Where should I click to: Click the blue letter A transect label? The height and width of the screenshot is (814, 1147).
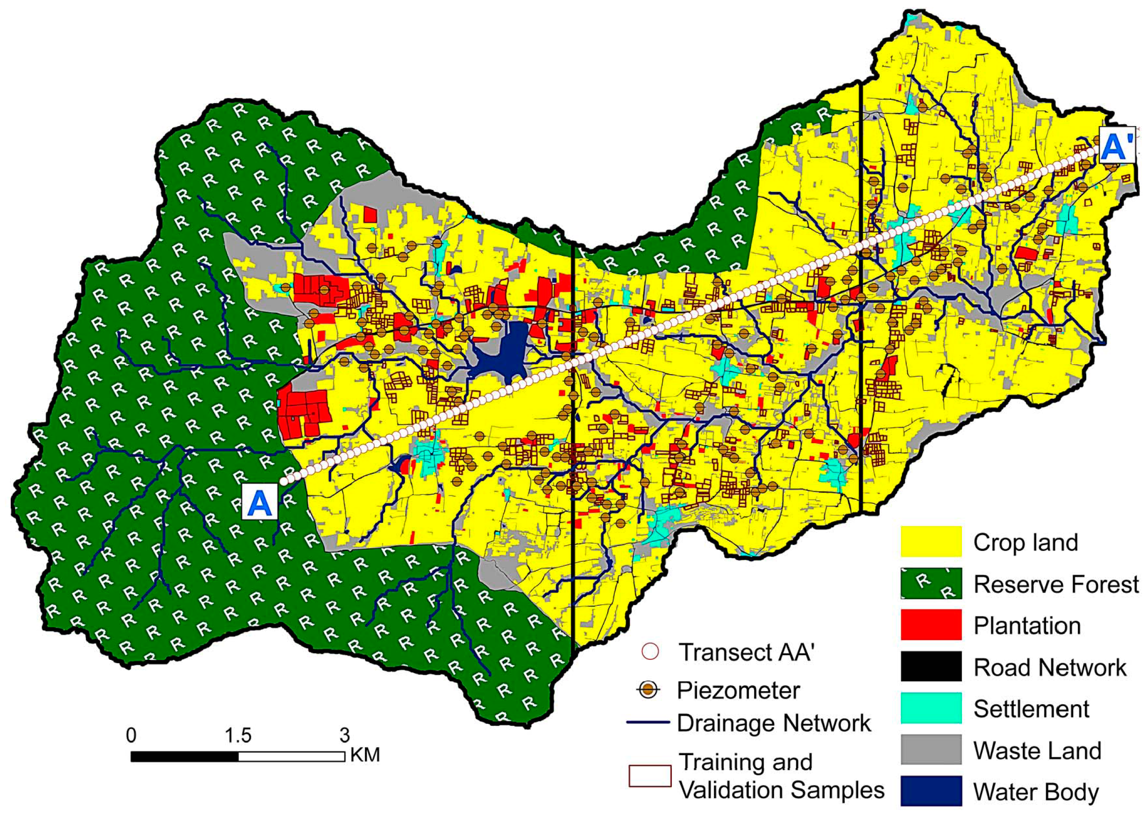coord(260,502)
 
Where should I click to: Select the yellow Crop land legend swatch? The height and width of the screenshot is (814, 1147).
coord(931,541)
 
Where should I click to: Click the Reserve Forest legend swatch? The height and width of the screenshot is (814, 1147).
coord(931,583)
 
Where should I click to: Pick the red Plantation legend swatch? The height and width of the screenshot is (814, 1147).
coord(931,624)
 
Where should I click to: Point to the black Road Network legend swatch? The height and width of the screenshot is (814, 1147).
coord(931,666)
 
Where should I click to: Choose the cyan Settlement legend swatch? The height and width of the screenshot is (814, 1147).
coord(931,708)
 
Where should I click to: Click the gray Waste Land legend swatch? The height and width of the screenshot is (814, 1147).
coord(931,750)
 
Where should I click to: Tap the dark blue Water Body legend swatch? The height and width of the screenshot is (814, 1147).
coord(931,791)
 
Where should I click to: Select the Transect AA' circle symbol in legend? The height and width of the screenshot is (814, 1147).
coord(650,652)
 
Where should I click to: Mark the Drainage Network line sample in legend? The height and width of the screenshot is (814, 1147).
coord(648,723)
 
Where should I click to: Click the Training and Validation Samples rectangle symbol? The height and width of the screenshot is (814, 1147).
coord(650,776)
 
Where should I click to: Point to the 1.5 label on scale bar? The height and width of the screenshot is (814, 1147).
coord(238,735)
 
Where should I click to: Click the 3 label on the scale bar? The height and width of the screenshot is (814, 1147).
coord(344,735)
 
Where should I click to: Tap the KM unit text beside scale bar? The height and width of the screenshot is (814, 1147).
coord(365,755)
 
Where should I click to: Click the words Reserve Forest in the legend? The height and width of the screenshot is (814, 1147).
coord(1056,584)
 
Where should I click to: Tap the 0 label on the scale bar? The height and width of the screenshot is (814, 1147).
coord(131,735)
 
